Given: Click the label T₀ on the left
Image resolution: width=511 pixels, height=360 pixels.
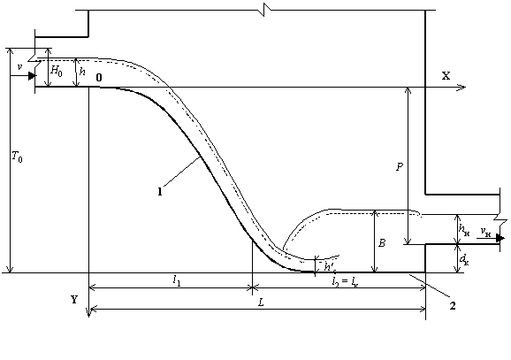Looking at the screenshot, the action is (18, 157).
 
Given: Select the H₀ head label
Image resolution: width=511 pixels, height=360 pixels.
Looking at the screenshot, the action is (57, 71).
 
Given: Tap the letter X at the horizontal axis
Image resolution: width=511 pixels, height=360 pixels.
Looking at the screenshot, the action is (446, 76).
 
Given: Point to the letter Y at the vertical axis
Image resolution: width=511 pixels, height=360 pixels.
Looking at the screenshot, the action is (74, 299).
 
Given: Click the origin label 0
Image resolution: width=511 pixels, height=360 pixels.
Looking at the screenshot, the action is (99, 78).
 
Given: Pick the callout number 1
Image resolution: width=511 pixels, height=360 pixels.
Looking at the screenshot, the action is (160, 192).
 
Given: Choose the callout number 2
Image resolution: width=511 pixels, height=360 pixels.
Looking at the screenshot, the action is (453, 306).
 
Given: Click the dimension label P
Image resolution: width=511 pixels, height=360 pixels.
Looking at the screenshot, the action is (400, 167).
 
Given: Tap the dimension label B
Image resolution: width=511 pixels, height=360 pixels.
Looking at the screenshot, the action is (382, 243).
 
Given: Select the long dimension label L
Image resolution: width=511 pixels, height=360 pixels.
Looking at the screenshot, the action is (261, 303).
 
